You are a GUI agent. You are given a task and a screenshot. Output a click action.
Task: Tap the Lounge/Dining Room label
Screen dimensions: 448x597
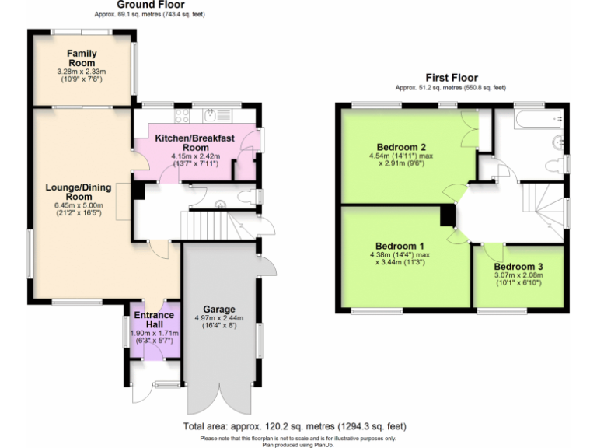(x=79, y=191)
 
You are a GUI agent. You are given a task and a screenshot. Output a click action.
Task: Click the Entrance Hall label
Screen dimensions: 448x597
(x=153, y=320)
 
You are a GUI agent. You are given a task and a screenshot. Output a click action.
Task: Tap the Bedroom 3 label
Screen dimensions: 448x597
(x=518, y=267)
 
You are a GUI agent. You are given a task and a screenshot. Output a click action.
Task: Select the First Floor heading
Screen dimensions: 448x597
(x=450, y=77)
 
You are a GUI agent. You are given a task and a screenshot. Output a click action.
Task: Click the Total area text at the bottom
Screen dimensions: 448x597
(x=295, y=427)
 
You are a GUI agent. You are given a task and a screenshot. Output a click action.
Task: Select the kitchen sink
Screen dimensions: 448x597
(x=215, y=116)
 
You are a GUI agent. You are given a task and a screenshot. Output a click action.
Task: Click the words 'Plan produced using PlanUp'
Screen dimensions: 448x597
(x=298, y=444)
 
